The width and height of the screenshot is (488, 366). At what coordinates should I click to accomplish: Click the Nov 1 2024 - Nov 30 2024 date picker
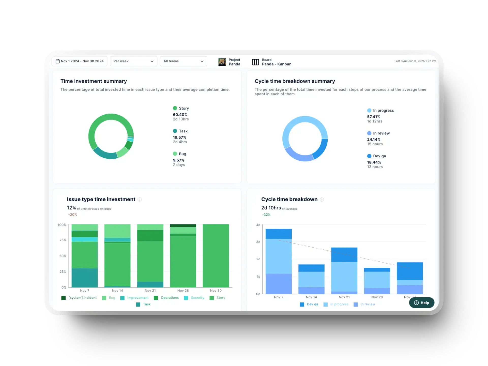pyautogui.click(x=79, y=61)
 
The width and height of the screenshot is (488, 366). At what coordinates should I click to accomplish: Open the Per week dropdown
pyautogui.click(x=133, y=61)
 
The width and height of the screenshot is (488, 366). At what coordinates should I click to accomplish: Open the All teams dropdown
pyautogui.click(x=183, y=61)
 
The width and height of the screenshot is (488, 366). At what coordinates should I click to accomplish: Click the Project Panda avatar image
pyautogui.click(x=222, y=62)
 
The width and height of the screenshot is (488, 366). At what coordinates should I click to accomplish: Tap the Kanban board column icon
pyautogui.click(x=255, y=62)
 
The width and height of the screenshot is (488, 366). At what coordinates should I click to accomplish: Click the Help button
pyautogui.click(x=421, y=303)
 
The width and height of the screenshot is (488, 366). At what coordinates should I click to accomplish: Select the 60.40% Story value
pyautogui.click(x=180, y=115)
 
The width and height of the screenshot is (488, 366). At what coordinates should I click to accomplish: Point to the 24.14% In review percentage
pyautogui.click(x=373, y=140)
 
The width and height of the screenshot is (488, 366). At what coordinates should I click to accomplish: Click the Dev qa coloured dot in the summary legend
pyautogui.click(x=369, y=156)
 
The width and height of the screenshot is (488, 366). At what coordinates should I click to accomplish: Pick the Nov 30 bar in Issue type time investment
pyautogui.click(x=216, y=255)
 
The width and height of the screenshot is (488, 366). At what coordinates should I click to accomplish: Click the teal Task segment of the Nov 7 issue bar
pyautogui.click(x=85, y=278)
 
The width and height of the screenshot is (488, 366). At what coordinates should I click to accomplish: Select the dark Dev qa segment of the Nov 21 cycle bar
pyautogui.click(x=344, y=254)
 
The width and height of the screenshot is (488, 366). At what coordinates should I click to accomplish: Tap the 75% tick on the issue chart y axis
pyautogui.click(x=63, y=240)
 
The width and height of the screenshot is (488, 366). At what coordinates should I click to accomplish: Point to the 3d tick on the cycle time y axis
pyautogui.click(x=258, y=242)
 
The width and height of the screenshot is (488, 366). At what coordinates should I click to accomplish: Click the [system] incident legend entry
pyautogui.click(x=79, y=298)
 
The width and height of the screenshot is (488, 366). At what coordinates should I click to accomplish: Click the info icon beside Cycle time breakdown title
pyautogui.click(x=322, y=200)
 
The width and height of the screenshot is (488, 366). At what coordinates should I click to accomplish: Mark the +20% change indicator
pyautogui.click(x=72, y=215)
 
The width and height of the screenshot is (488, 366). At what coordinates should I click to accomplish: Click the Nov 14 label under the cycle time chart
pyautogui.click(x=311, y=297)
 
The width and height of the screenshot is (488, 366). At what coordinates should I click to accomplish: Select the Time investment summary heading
pyautogui.click(x=94, y=81)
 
